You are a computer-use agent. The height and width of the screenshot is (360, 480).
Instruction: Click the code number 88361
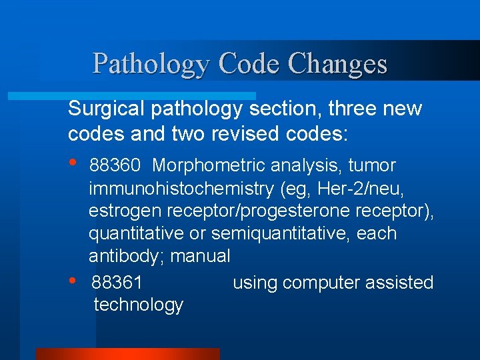click(117, 283)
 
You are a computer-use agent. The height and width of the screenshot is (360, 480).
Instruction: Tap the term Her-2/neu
click(366, 189)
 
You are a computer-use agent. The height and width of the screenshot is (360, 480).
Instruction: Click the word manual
click(201, 257)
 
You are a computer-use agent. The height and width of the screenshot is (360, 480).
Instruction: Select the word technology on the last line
click(139, 305)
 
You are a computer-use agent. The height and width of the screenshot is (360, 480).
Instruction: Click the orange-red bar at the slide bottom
click(127, 353)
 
